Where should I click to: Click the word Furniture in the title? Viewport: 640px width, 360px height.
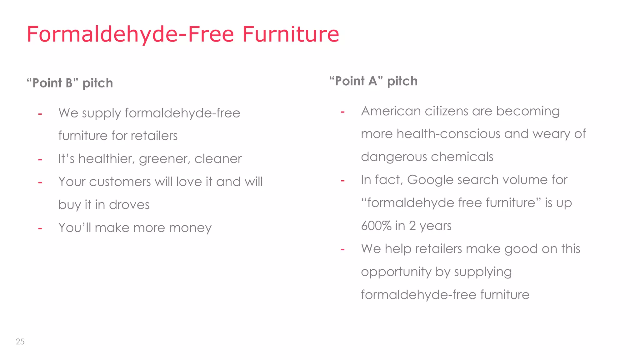coord(291,34)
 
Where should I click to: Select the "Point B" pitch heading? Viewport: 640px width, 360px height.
coord(70,83)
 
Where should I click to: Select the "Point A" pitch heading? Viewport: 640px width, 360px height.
coord(373,81)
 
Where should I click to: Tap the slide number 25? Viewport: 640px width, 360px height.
coord(20,342)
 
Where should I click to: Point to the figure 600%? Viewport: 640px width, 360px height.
coord(376,226)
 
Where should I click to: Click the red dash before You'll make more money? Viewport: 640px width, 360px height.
coord(40,228)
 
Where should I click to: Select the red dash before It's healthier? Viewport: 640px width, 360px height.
coord(40,159)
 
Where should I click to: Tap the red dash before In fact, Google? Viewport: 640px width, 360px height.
coord(342,180)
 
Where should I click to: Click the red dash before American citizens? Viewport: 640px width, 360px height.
coord(342,112)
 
